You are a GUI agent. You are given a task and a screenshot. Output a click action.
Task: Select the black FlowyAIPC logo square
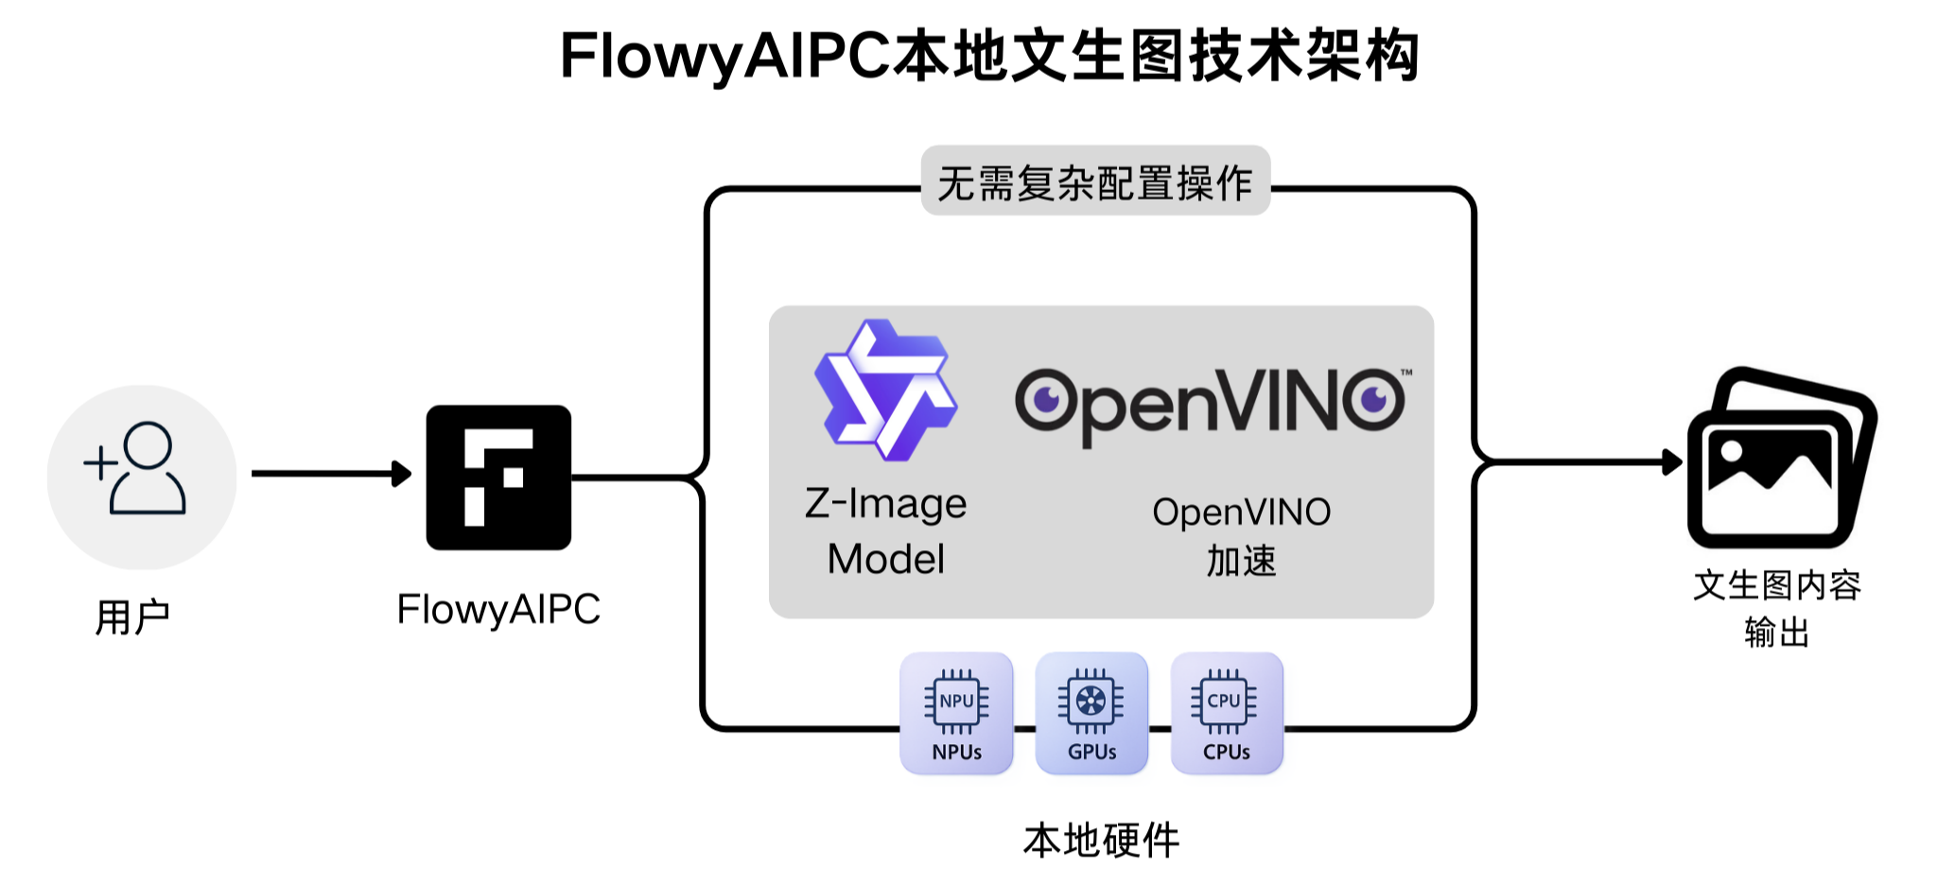point(498,477)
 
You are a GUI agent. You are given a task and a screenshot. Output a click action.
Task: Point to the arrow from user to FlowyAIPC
point(331,473)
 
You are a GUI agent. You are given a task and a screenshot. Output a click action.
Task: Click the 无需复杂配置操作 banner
point(1095,182)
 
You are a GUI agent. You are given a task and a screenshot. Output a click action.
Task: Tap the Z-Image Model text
point(886,531)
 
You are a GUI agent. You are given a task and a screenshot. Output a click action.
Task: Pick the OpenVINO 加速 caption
point(1241,536)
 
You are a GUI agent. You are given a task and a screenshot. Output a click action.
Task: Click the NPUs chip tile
point(956,714)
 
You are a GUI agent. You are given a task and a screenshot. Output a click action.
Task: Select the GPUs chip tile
point(1091,714)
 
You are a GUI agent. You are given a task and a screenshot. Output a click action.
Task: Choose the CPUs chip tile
point(1227,714)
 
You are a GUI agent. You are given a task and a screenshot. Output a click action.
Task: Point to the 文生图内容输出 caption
point(1777,608)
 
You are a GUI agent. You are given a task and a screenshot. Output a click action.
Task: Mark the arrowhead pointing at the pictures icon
point(1672,462)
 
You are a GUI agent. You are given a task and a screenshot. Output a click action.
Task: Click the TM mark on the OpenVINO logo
point(1406,373)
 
